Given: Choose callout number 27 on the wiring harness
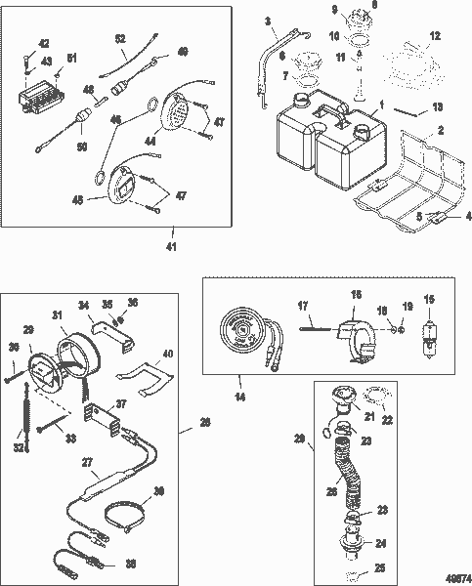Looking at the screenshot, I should (87, 463).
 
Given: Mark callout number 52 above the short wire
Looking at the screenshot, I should (120, 38).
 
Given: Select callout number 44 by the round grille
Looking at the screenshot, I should (150, 143).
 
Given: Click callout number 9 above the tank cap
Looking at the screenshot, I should (334, 10).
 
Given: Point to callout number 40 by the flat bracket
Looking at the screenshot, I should (168, 355).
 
